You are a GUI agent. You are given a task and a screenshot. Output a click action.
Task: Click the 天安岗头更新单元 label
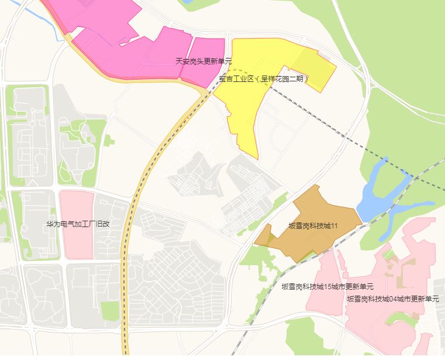click(203, 61)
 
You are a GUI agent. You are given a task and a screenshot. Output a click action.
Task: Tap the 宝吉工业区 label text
click(236, 78)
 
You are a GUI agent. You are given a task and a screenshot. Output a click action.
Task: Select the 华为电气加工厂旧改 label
click(78, 224)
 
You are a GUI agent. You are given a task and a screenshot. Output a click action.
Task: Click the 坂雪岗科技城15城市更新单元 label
click(327, 287)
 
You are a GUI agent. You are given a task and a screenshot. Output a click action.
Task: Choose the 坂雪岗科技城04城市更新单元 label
click(392, 299)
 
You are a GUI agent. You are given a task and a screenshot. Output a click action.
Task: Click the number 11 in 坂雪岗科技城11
click(334, 225)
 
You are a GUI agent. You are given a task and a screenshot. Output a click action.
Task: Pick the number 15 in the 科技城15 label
click(327, 287)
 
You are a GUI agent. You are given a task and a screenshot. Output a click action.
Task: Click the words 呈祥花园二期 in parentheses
click(284, 78)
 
